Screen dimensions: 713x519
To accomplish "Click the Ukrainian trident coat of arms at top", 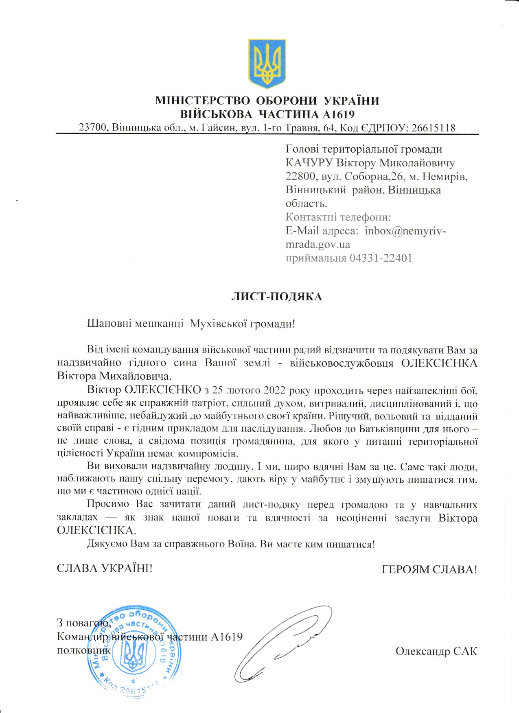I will coord(267,63).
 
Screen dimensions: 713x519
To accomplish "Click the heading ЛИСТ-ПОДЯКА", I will coord(276,297).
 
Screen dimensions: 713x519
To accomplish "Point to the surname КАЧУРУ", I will coord(310,163).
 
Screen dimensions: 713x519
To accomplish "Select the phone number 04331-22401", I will coord(381,258).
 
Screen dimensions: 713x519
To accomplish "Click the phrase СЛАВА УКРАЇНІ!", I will coord(105,568).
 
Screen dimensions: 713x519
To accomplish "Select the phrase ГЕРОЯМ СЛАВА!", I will coord(429,569).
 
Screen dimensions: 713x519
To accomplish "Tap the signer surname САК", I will coord(465,652).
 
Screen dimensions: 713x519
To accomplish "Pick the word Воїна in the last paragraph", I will coord(243,544).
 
